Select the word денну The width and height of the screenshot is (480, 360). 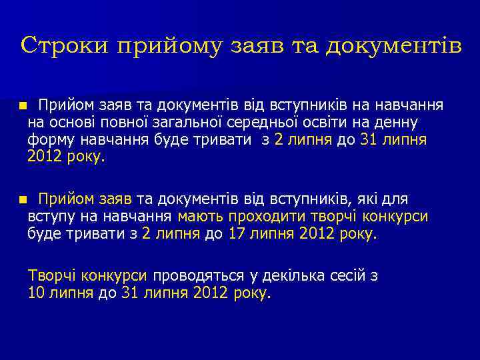click(x=399, y=123)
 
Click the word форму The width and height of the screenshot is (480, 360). click(x=49, y=140)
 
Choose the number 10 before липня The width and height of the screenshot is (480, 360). click(x=37, y=293)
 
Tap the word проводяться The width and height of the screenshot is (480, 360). click(x=193, y=276)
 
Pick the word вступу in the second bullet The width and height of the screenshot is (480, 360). click(x=49, y=217)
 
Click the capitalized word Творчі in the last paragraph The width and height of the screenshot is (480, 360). click(x=50, y=276)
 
